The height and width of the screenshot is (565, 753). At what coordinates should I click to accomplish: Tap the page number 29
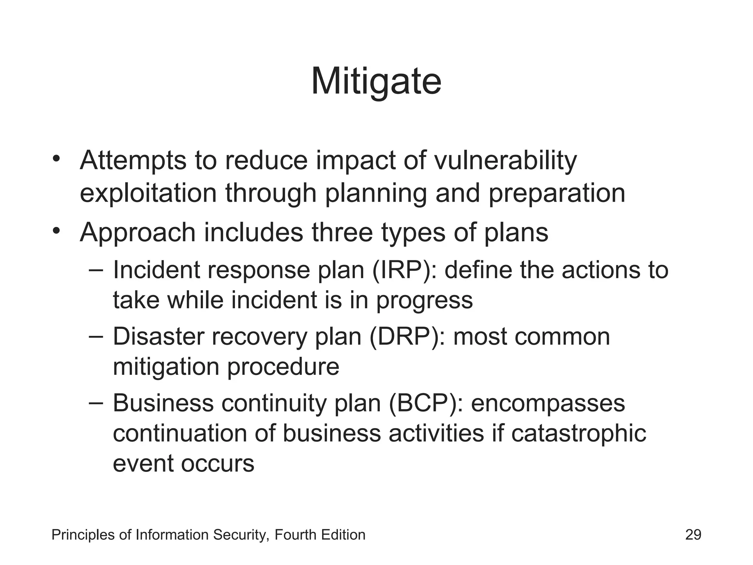(x=693, y=535)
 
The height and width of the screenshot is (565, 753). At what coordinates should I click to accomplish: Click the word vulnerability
(x=506, y=161)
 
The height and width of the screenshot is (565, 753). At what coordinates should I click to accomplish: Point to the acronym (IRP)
(x=401, y=270)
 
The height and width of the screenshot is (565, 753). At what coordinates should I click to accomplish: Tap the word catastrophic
(x=578, y=434)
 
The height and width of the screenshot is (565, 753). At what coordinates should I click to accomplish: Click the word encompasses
(x=548, y=404)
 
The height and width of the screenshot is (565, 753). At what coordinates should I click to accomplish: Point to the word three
(x=342, y=233)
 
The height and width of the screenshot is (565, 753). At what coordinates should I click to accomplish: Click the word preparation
(x=557, y=194)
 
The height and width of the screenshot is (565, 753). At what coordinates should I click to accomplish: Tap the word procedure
(x=283, y=367)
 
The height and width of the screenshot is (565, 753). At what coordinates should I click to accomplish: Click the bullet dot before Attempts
(x=56, y=159)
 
